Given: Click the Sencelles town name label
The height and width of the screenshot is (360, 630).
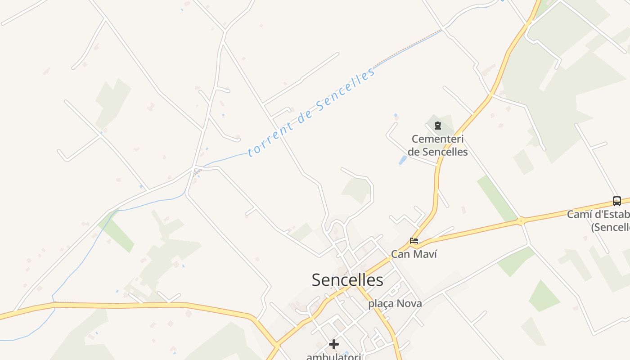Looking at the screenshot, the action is pyautogui.click(x=347, y=280).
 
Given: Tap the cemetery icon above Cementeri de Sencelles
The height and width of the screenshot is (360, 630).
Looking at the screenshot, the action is pyautogui.click(x=437, y=126).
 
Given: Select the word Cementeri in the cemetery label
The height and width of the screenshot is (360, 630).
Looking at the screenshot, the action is pyautogui.click(x=437, y=139).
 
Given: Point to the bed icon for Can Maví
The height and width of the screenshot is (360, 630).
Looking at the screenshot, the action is pyautogui.click(x=414, y=241).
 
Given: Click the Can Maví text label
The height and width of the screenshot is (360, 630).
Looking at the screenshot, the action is pyautogui.click(x=414, y=254).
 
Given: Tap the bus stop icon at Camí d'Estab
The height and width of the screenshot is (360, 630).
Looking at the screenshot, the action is pyautogui.click(x=616, y=201).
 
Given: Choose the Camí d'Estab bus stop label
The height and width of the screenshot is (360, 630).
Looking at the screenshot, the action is pyautogui.click(x=598, y=215).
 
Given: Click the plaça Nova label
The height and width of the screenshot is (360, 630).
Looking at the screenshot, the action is pyautogui.click(x=395, y=304).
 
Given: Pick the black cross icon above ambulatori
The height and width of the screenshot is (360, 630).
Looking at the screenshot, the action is pyautogui.click(x=333, y=344).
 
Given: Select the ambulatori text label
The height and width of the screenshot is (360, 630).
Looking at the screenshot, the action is pyautogui.click(x=333, y=356).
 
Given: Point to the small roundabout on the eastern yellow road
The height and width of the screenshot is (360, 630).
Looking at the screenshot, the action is pyautogui.click(x=521, y=221).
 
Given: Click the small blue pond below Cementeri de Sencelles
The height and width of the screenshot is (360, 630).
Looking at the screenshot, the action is pyautogui.click(x=402, y=160).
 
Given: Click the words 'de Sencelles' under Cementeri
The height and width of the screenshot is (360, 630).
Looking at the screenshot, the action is pyautogui.click(x=437, y=152).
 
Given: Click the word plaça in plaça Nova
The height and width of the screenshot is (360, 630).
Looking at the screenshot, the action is pyautogui.click(x=381, y=304).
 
